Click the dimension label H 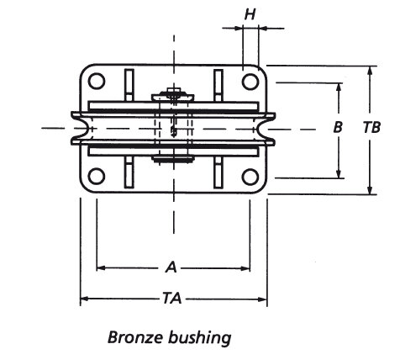pos(250,13)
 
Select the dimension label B pos(338,129)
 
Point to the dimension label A pos(171,267)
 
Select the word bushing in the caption pos(200,338)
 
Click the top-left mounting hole pos(97,82)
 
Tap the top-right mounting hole pos(250,82)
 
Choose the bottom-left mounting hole pos(97,176)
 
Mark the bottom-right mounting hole pos(250,176)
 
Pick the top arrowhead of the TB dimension pos(371,70)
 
